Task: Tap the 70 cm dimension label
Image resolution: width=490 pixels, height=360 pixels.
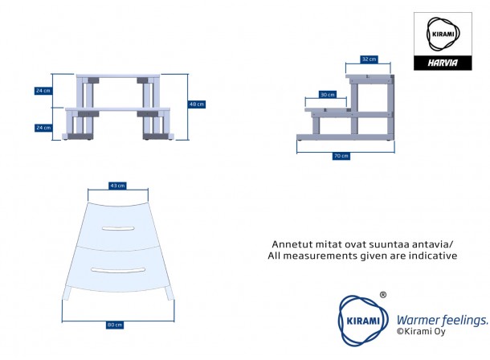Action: (342, 156)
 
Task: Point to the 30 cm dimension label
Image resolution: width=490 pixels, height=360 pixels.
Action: (327, 95)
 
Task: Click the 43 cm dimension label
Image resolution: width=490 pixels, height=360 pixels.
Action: (118, 186)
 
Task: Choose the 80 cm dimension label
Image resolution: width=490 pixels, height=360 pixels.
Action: (115, 325)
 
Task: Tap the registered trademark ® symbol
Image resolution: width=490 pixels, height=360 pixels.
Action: (383, 295)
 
